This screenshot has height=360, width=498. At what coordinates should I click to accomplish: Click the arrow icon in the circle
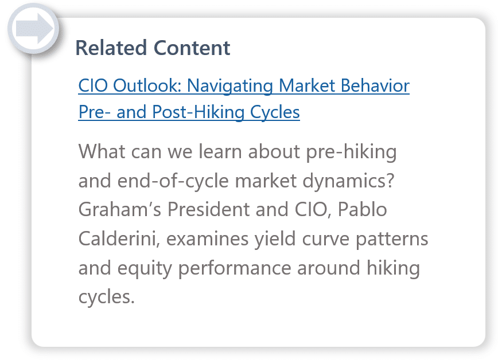click(34, 28)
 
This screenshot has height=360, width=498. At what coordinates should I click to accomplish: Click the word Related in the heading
click(111, 48)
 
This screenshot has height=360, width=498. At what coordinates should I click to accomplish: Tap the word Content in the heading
click(192, 48)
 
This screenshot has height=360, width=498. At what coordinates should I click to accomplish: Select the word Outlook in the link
click(147, 86)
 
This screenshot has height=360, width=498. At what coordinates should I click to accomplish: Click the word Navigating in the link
click(229, 87)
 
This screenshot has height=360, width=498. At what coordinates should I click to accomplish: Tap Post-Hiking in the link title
click(198, 112)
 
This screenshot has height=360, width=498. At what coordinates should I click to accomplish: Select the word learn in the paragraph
click(220, 151)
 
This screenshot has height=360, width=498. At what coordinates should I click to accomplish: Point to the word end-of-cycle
click(173, 181)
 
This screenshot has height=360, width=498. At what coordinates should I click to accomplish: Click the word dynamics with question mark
click(348, 181)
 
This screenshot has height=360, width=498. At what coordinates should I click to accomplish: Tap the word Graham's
click(120, 210)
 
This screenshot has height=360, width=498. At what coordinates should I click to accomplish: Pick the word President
click(208, 210)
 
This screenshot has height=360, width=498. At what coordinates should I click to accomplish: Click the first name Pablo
click(363, 210)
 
